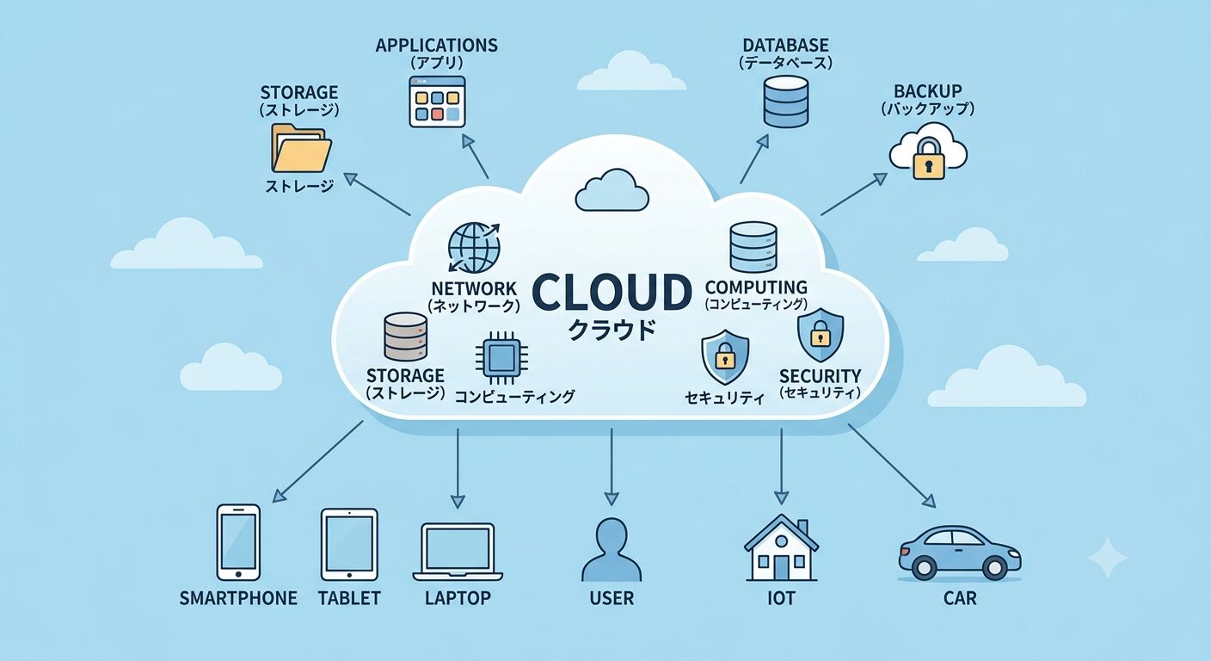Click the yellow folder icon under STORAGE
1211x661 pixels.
(301, 148)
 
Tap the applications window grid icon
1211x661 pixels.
(437, 102)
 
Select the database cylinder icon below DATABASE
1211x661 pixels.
(786, 102)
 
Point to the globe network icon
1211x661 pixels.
(474, 248)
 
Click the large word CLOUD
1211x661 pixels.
(612, 292)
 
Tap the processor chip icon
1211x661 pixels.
(501, 357)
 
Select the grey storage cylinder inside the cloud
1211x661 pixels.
(405, 337)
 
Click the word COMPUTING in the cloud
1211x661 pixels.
(756, 287)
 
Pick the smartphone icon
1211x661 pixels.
(238, 542)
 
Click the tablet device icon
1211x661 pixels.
(349, 544)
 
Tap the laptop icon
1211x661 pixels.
(458, 552)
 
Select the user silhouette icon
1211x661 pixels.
(612, 550)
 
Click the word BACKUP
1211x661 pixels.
(928, 91)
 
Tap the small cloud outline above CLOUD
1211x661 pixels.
(612, 190)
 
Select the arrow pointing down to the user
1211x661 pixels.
(612, 466)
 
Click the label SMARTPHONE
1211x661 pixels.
(238, 598)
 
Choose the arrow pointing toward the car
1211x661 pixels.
(892, 466)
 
